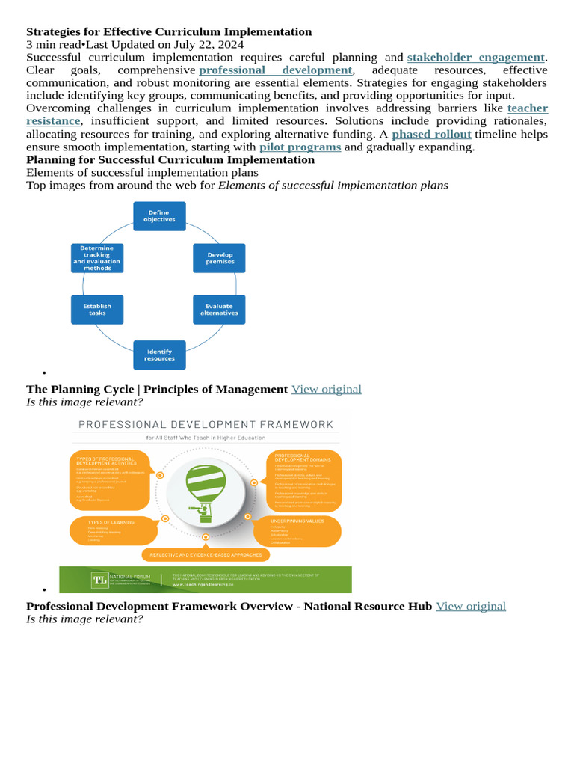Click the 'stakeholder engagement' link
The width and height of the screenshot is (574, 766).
tap(476, 57)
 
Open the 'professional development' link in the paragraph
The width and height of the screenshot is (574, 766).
tap(276, 70)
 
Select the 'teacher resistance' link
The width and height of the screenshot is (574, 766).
tap(527, 108)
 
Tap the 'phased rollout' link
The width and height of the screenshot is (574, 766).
tap(431, 134)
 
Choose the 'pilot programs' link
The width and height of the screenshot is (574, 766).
tap(300, 147)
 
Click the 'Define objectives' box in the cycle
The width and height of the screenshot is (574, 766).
tap(158, 215)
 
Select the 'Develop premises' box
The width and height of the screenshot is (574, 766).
tap(220, 258)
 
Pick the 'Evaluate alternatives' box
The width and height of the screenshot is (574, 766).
tap(219, 309)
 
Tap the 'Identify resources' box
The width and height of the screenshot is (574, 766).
tap(159, 355)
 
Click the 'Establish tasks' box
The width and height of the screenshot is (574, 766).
tap(97, 309)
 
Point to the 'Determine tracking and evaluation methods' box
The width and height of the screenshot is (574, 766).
tap(97, 258)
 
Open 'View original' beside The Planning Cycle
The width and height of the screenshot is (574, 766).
tap(326, 389)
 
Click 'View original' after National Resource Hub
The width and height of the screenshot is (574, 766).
tap(471, 606)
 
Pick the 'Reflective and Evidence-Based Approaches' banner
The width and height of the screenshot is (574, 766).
tap(206, 554)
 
